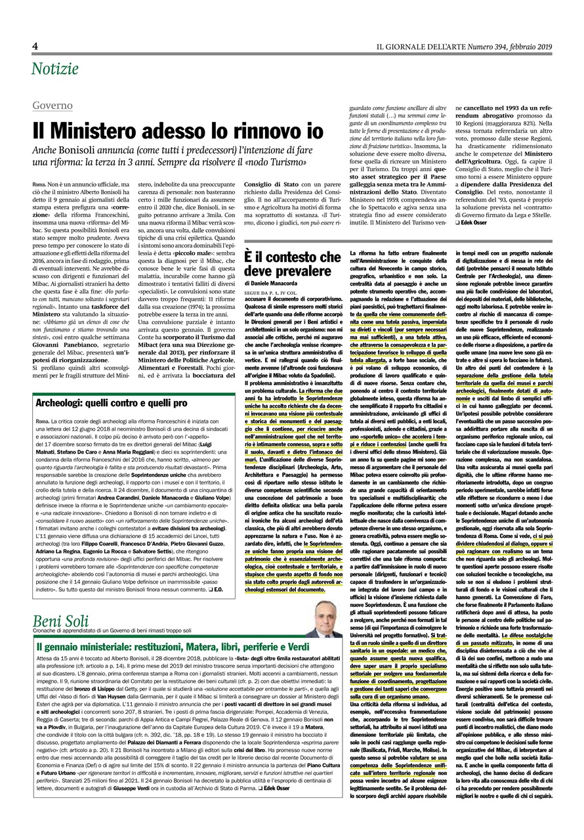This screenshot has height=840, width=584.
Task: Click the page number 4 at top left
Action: click(x=35, y=45)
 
